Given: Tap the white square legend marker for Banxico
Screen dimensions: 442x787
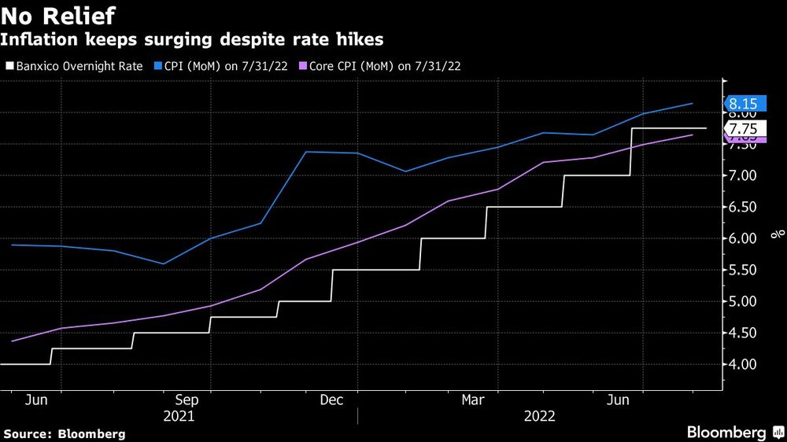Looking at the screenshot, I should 9,66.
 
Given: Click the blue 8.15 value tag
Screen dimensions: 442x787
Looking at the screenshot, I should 743,104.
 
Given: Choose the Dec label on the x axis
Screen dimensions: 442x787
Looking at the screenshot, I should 331,400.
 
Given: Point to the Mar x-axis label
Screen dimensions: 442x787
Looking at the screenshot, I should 473,400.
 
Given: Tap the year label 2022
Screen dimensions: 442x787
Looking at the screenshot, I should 539,416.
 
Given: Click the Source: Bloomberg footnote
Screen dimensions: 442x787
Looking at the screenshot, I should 65,433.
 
